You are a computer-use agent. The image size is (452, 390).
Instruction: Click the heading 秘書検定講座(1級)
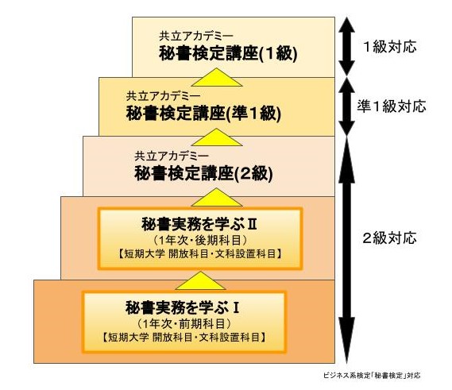click(228, 53)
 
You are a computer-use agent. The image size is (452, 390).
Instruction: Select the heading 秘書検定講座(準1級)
click(203, 114)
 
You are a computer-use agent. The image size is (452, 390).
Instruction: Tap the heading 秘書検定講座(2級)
click(203, 173)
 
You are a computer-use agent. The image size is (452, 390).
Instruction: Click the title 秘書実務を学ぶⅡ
click(199, 224)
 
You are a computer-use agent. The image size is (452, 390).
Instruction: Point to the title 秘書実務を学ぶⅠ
click(183, 307)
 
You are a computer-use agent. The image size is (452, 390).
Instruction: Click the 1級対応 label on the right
click(390, 47)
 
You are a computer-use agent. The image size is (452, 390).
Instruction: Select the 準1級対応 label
click(392, 106)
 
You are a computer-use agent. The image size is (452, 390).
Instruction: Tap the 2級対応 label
click(389, 238)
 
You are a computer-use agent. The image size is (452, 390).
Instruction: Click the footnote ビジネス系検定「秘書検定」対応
click(372, 375)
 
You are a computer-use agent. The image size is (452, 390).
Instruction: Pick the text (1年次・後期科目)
click(199, 240)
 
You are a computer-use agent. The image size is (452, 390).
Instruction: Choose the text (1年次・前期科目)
click(184, 323)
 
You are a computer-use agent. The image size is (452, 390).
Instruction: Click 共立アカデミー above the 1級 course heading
click(196, 36)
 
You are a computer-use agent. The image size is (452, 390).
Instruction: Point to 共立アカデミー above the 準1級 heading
click(163, 96)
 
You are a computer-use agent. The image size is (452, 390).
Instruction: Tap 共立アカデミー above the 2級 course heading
click(172, 156)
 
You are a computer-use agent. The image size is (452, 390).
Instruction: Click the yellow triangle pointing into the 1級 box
click(217, 77)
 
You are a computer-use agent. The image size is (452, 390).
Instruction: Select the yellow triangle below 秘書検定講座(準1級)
click(217, 137)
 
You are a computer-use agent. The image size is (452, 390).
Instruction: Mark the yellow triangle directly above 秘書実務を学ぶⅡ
click(217, 198)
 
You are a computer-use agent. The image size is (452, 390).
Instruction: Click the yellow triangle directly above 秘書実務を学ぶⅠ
click(201, 280)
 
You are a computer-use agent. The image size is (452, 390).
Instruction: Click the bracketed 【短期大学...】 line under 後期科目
click(200, 254)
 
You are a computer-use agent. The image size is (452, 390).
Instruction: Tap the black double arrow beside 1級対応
click(346, 47)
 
